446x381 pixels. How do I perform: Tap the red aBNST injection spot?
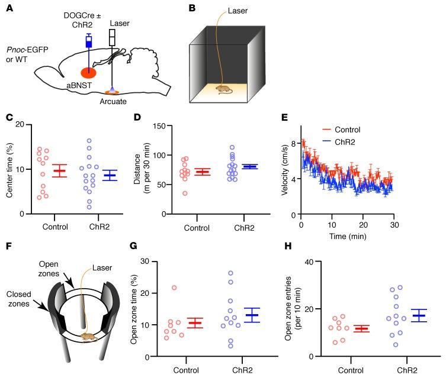89,73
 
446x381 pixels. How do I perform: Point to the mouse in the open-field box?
223,89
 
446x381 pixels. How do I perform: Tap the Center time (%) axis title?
9,169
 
